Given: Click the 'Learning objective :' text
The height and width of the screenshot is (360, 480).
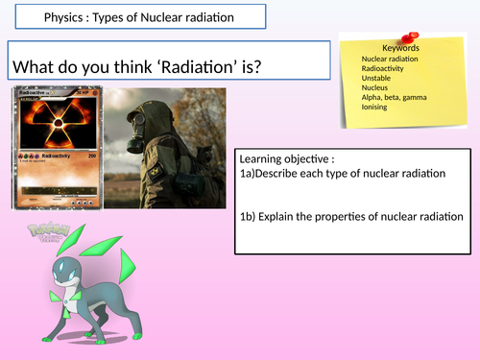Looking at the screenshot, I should (287, 158).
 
